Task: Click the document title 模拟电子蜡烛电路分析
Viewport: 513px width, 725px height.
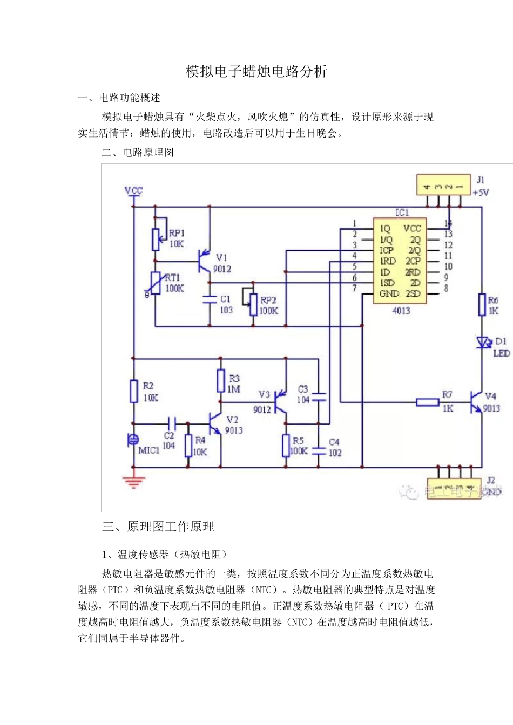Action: (256, 72)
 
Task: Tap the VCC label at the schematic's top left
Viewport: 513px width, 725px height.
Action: (133, 190)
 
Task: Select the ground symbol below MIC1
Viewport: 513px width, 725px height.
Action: (133, 482)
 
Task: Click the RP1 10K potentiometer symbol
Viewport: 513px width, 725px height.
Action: (156, 239)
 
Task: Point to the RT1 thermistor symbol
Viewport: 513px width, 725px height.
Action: (156, 283)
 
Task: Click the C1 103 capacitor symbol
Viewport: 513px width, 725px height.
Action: (210, 299)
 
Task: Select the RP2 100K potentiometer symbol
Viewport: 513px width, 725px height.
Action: (253, 305)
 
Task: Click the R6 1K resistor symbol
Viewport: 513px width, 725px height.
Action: (482, 305)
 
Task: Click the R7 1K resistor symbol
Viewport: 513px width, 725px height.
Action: (428, 402)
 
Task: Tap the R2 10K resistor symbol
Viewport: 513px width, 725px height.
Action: (134, 391)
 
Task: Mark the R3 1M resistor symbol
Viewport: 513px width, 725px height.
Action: (221, 380)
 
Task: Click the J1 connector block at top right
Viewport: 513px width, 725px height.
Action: (443, 185)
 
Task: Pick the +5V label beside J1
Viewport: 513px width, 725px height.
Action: (481, 193)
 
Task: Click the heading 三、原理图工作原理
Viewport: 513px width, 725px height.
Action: (158, 527)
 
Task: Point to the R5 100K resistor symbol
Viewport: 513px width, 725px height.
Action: (286, 446)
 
